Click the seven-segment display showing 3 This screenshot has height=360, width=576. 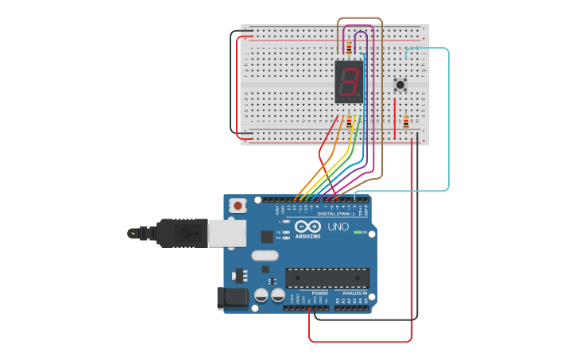point(349,81)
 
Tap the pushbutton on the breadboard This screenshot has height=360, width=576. point(400,84)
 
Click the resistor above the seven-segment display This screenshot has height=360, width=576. point(349,48)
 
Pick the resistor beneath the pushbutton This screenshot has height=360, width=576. point(406,122)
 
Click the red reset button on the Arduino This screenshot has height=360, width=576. point(238,205)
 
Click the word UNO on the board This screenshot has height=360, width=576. point(338,227)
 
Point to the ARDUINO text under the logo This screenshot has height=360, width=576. point(307,236)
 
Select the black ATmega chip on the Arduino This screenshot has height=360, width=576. point(327,277)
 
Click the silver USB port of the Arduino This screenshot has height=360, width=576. point(223,231)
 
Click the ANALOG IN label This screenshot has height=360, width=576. point(354,292)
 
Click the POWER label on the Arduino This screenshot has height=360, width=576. point(319,292)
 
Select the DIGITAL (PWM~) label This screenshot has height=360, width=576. point(336,214)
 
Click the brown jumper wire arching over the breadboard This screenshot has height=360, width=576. point(360,18)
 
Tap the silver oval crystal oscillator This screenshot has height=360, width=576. point(265,256)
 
